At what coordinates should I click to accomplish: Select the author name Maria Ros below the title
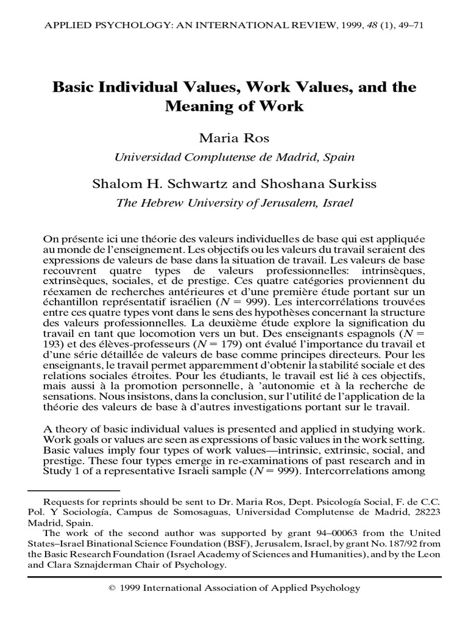(235, 139)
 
